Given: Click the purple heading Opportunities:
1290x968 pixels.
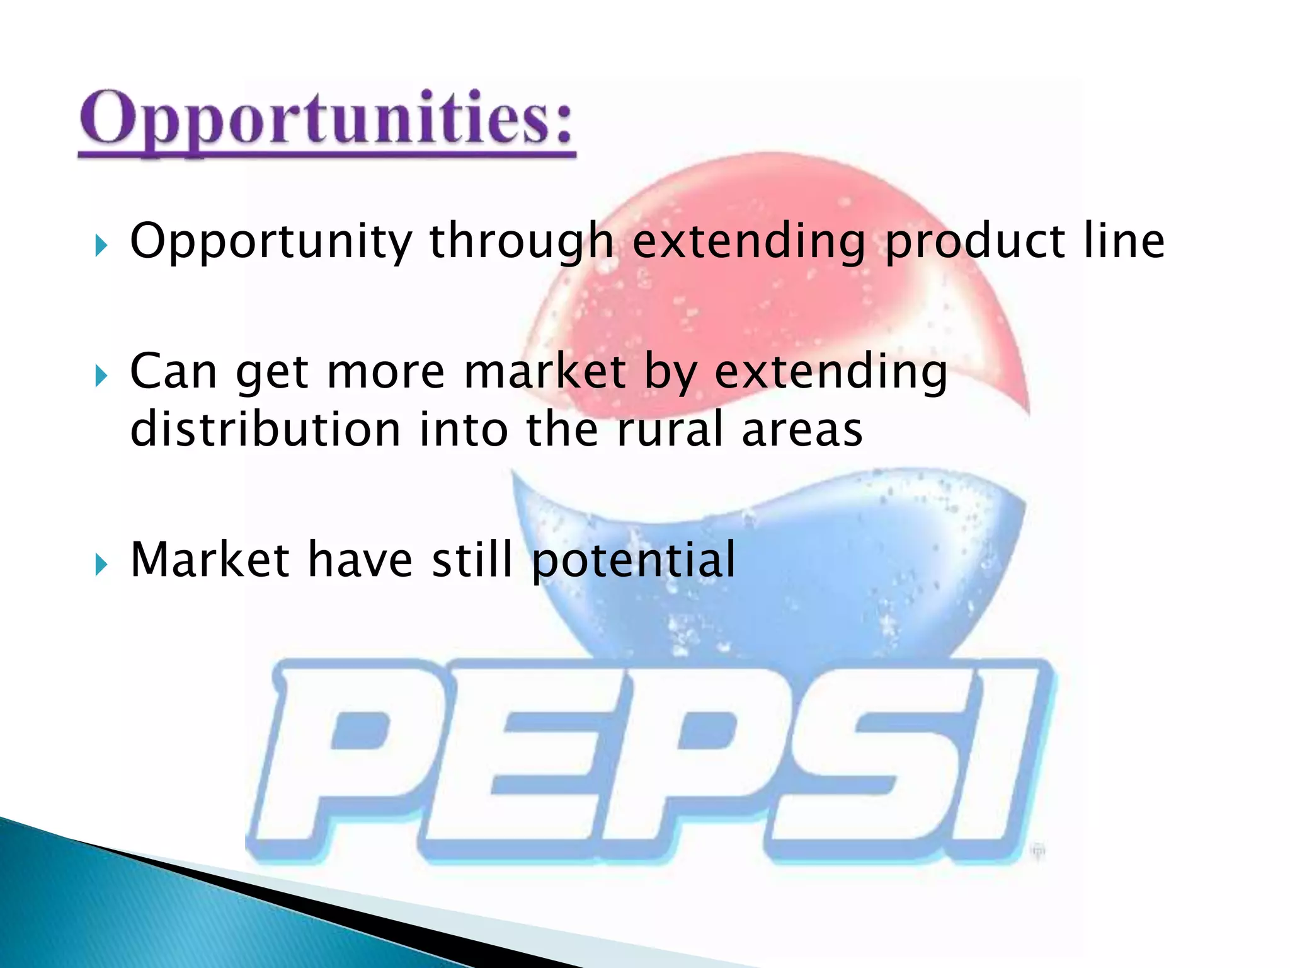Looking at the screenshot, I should tap(326, 120).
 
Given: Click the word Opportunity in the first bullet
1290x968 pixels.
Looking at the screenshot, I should tap(271, 242).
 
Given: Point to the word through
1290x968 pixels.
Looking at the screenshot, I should tap(522, 242).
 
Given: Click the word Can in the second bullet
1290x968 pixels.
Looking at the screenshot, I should tap(174, 372).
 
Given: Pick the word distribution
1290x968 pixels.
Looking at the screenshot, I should tap(265, 430).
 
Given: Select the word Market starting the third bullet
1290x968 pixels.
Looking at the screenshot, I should tap(209, 560).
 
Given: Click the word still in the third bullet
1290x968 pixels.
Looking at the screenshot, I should tap(472, 560).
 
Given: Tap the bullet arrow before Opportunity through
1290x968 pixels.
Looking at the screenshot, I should tap(101, 245).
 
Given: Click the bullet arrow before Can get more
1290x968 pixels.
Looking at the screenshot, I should tap(101, 376).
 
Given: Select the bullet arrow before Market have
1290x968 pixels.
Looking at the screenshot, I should tap(101, 564).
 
